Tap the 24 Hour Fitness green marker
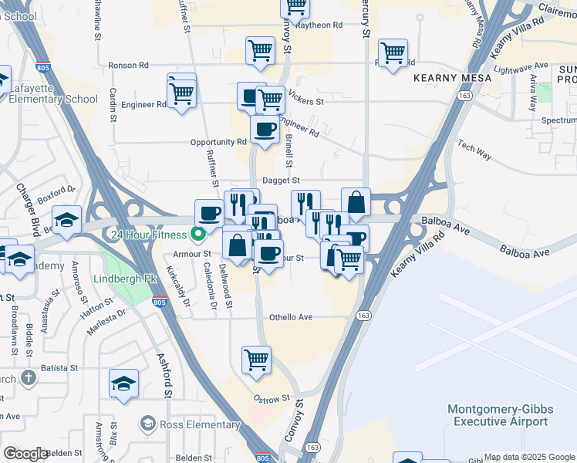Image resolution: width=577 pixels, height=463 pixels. [198, 235]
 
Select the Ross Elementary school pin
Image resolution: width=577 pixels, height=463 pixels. [147, 424]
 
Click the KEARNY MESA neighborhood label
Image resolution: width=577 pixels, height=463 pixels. [447, 78]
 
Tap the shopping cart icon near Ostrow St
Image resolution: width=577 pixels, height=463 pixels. [256, 359]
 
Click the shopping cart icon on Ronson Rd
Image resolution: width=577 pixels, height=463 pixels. [260, 51]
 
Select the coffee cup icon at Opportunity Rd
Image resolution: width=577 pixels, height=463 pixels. [265, 130]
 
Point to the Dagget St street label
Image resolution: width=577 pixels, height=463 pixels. [281, 181]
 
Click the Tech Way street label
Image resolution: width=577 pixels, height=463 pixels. [474, 150]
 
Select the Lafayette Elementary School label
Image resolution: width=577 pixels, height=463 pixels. [53, 99]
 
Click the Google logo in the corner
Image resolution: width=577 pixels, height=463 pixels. [25, 454]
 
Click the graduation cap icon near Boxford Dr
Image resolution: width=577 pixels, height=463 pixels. [68, 220]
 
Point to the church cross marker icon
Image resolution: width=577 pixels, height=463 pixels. [28, 378]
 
